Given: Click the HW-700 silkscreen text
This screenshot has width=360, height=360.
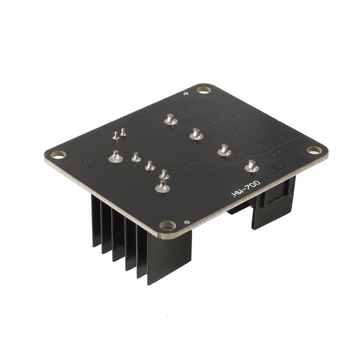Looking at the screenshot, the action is point(246,189).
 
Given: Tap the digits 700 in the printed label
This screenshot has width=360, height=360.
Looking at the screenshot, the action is point(252,186).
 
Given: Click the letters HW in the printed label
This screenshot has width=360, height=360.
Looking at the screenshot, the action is point(236,194).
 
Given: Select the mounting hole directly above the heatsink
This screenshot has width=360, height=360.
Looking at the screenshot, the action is point(168,225).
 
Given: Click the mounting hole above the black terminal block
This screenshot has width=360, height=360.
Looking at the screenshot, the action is point(314,150).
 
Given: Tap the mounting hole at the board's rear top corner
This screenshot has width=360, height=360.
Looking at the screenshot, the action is point(204,90).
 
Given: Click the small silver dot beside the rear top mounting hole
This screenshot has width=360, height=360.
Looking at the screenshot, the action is point(186,94).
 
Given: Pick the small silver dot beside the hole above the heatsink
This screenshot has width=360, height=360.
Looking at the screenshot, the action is point(187,222).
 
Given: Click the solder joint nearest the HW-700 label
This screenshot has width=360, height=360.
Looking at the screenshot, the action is point(252,167).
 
